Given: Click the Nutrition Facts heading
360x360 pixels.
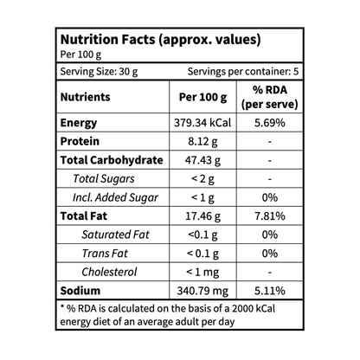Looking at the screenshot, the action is point(160,40).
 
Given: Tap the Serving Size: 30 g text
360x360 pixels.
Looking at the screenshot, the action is point(99,72).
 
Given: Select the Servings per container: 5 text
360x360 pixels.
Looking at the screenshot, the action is point(243,72).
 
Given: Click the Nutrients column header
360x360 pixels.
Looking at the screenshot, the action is point(86,97).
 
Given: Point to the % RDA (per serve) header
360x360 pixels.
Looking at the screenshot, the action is point(270,97).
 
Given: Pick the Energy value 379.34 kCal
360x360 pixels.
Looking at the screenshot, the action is point(202,123).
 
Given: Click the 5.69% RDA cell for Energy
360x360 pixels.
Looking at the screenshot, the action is point(270,123).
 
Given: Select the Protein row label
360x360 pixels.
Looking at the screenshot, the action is point(80,141).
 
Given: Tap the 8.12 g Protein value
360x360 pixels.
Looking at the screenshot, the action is point(202,142).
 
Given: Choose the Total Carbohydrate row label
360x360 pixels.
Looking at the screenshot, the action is point(112,160).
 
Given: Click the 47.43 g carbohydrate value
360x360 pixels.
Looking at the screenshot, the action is point(202,160).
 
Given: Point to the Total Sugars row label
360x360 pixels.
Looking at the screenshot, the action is point(104,179).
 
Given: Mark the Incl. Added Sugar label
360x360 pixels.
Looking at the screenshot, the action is point(115,197).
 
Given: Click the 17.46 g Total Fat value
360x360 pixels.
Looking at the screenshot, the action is point(202,216).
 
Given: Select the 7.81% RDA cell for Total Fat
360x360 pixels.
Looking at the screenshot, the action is point(270,216).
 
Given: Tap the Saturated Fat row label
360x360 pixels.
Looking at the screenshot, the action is point(115,235).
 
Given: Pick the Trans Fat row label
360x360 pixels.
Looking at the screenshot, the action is point(105,254).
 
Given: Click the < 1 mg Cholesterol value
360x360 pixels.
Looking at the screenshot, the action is point(202,272).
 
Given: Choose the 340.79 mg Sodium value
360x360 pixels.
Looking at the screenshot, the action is point(202,291).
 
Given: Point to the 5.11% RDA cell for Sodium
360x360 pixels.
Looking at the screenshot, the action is point(270,291).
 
